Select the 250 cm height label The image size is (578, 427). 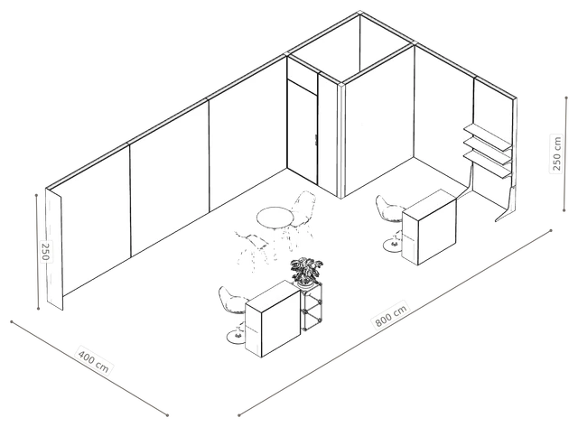556,153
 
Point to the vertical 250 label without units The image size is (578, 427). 44,251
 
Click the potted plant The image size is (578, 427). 305,272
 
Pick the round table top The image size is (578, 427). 275,218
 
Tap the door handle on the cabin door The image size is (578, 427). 316,140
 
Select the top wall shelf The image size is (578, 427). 488,136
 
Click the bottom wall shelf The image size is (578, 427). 488,165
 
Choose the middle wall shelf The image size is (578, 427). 488,151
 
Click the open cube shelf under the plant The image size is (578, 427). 311,307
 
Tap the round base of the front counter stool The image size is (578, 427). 237,337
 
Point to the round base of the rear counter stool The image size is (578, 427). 392,246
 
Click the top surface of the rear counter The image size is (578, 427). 430,202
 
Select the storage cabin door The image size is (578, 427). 302,132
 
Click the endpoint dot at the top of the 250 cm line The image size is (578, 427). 566,97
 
